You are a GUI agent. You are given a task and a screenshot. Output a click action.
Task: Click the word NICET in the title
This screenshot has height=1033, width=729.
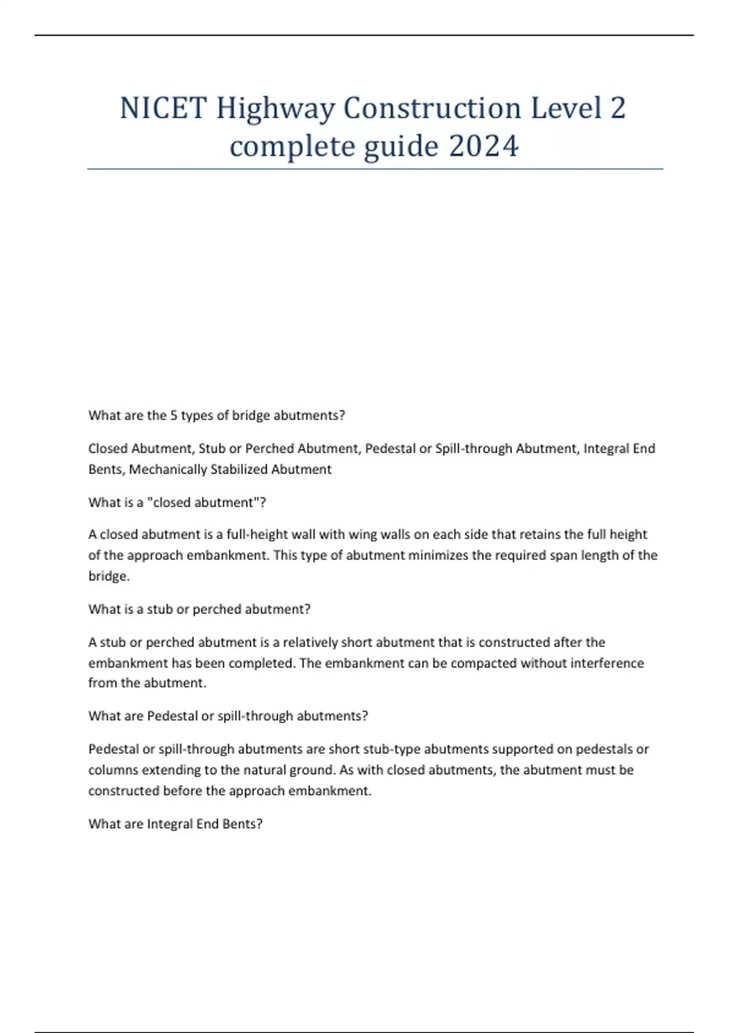(x=163, y=108)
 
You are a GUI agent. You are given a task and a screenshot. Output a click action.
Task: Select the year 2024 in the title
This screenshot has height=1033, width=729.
(x=484, y=146)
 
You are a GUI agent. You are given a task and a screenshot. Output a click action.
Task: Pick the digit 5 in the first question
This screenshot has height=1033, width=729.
(x=174, y=416)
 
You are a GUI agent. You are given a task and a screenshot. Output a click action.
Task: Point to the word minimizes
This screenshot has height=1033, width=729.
(x=437, y=555)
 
